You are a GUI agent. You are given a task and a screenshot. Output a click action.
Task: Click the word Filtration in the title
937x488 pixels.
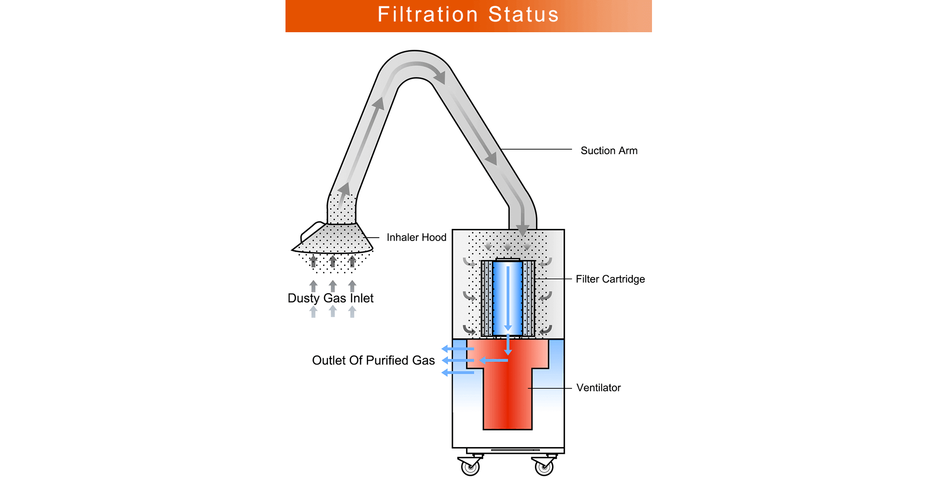click(x=428, y=15)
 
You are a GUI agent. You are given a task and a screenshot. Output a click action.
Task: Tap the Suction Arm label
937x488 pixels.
click(x=609, y=151)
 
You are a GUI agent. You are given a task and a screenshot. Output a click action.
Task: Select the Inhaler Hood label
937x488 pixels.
click(x=416, y=238)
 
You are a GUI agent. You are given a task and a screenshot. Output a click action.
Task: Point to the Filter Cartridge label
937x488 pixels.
click(x=610, y=279)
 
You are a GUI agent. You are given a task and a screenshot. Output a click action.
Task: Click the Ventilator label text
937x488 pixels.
click(x=598, y=388)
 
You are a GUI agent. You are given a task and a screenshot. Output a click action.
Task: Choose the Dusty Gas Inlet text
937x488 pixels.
click(x=330, y=298)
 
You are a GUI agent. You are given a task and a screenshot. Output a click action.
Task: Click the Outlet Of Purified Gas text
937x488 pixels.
click(x=373, y=361)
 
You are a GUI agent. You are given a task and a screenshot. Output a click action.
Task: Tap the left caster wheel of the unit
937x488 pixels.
click(x=470, y=468)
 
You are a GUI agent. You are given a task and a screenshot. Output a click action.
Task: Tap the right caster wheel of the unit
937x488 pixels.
click(x=544, y=468)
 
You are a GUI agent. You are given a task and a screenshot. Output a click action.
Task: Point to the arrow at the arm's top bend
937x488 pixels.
click(x=438, y=76)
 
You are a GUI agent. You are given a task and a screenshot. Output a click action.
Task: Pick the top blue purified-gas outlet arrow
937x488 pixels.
click(x=457, y=349)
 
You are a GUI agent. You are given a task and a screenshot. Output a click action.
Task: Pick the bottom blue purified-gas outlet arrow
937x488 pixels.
click(x=457, y=373)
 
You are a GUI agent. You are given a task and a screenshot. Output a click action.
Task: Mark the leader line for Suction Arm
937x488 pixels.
click(x=537, y=149)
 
